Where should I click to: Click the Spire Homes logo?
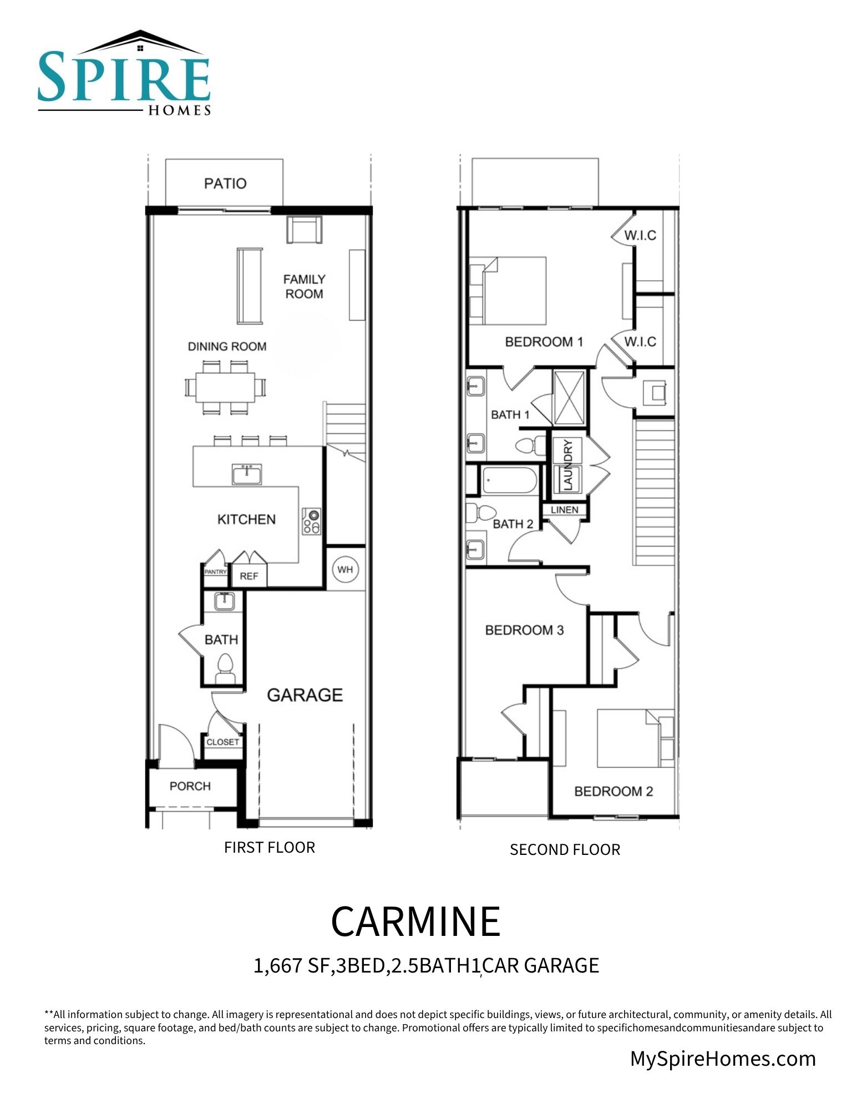(124, 73)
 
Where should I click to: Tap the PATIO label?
(225, 184)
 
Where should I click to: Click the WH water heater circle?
(345, 569)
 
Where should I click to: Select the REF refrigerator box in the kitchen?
(249, 576)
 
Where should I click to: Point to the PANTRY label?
(215, 571)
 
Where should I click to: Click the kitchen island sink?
(247, 475)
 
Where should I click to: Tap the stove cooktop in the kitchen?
(311, 521)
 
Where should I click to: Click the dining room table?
(226, 387)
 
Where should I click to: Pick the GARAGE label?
(305, 695)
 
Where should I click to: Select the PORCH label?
(190, 786)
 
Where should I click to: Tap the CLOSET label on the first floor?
(223, 742)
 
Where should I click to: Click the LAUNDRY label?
(567, 465)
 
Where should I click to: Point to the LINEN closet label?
(565, 510)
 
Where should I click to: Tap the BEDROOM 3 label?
(524, 630)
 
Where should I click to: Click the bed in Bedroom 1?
(508, 291)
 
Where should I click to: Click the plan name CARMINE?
(415, 921)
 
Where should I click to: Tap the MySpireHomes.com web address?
(723, 1059)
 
